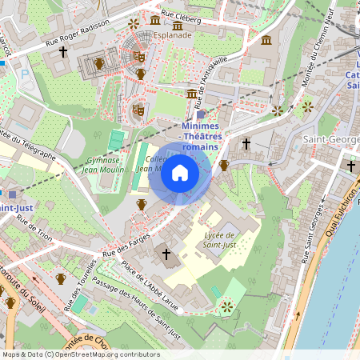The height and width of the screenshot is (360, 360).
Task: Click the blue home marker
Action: tap(180, 173)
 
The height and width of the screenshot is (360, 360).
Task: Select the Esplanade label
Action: tap(173, 35)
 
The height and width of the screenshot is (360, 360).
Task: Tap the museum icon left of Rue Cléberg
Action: tap(154, 18)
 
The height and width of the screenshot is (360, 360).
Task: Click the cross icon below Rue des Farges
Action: tap(166, 254)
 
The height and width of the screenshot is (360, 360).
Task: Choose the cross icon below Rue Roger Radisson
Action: tap(62, 52)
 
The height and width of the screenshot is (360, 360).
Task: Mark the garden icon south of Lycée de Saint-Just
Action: tap(226, 305)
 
